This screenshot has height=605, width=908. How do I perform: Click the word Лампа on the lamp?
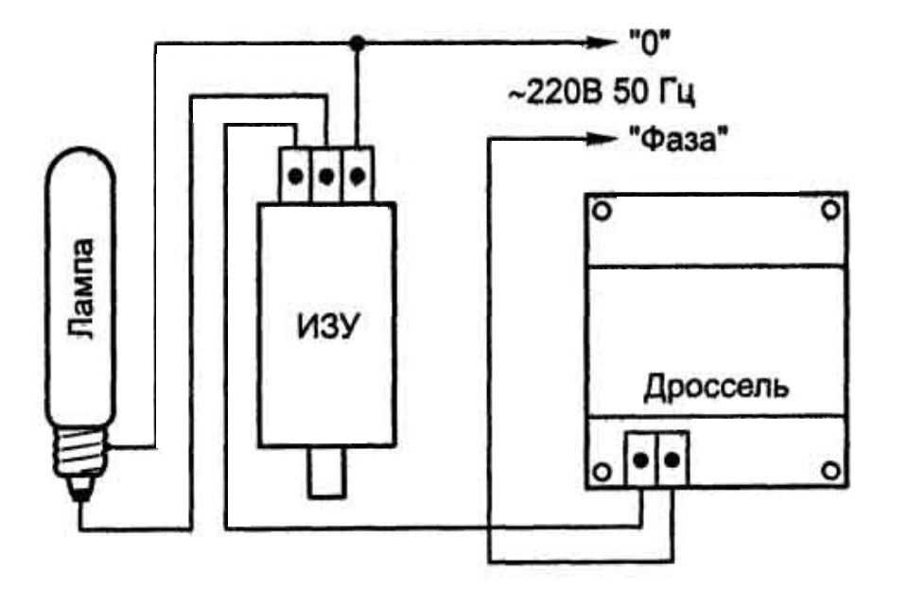coord(82,289)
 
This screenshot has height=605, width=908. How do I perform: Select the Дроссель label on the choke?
coord(717,388)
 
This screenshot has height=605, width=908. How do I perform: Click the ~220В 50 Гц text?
coord(603,93)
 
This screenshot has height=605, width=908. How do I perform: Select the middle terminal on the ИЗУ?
coord(326,176)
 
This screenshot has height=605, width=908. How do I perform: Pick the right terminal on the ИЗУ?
coord(357,176)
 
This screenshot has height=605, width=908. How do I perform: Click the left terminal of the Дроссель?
coord(641,460)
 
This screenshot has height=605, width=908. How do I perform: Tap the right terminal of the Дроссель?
coord(672,460)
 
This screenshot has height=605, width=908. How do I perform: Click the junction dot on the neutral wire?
coord(357,43)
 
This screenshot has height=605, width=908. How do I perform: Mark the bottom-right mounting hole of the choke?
coord(829,470)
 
